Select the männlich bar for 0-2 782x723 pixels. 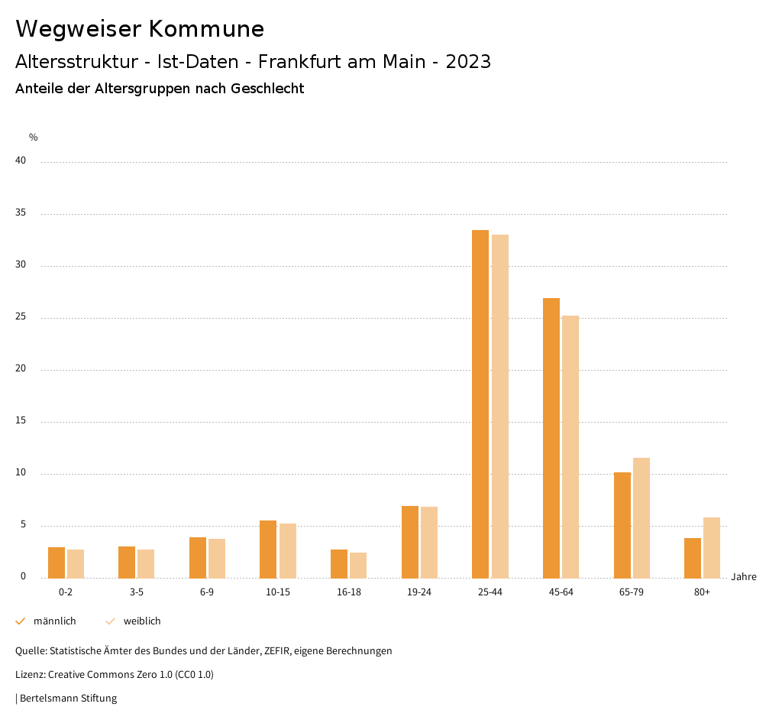57,563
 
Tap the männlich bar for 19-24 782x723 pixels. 410,542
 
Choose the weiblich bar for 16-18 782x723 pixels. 358,565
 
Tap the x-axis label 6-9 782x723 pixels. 207,592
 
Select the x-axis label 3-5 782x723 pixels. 137,592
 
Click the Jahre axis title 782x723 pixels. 743,576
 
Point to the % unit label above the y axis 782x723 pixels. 34,138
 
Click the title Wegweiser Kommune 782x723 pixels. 140,29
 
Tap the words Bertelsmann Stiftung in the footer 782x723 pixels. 68,698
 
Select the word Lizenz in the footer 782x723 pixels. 30,674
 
